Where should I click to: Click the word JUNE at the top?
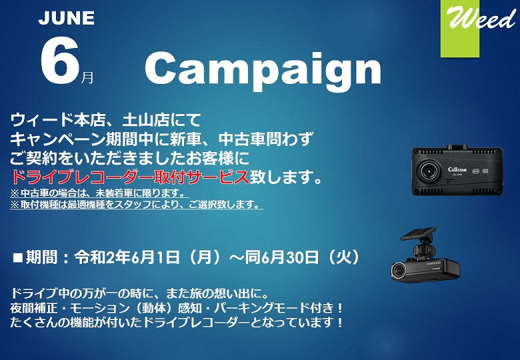(66, 18)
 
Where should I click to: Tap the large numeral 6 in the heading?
(61, 59)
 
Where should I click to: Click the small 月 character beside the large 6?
(87, 77)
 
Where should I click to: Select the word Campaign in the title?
(263, 71)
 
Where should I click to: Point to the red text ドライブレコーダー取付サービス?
(130, 177)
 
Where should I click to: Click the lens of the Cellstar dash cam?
(428, 171)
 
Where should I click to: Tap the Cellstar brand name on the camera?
(457, 170)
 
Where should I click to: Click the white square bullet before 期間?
(17, 258)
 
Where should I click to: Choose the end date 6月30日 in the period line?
(290, 257)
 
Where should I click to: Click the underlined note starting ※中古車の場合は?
(97, 193)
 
